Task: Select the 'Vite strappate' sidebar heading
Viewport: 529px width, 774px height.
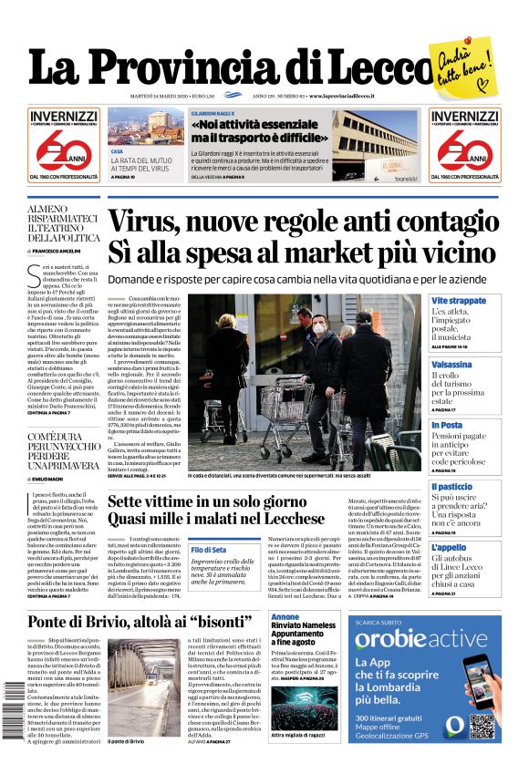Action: point(459,301)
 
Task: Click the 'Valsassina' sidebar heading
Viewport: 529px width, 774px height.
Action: point(452,364)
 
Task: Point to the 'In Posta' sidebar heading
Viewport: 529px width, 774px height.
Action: point(447,425)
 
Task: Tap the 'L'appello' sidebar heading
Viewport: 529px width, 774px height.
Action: point(449,548)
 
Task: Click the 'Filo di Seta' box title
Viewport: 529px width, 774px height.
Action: point(209,550)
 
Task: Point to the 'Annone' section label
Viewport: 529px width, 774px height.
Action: point(285,617)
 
